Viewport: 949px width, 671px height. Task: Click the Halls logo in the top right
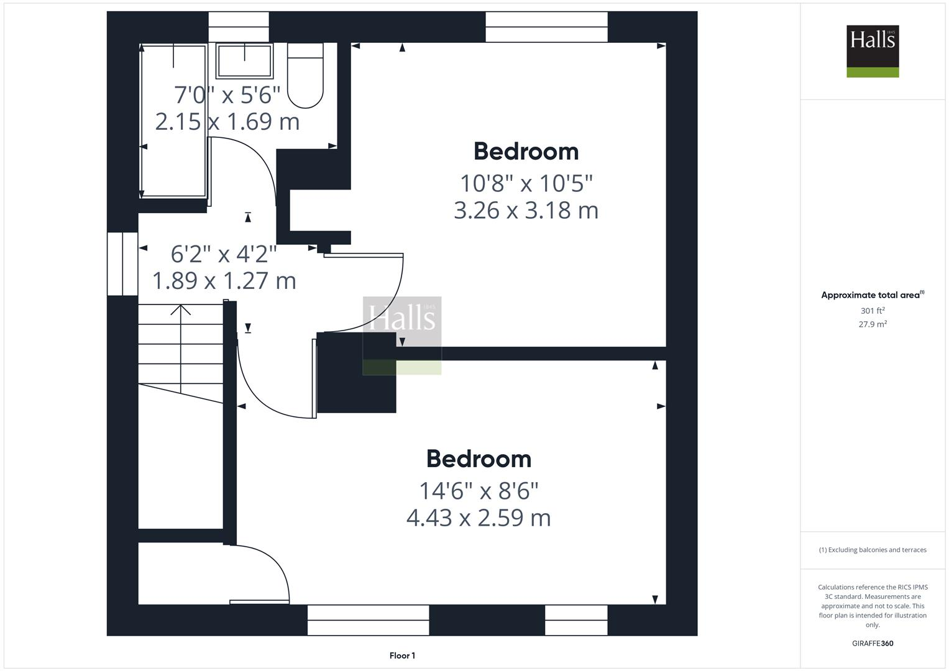(873, 51)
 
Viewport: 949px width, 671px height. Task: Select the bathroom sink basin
(244, 60)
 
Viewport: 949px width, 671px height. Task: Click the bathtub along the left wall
(173, 121)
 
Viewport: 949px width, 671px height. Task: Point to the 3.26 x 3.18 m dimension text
(526, 211)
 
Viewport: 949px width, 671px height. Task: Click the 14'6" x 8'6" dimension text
(479, 491)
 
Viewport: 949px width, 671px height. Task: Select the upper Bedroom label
(526, 152)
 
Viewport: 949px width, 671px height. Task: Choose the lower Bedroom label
(479, 459)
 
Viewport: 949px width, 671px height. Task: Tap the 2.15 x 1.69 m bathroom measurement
(227, 121)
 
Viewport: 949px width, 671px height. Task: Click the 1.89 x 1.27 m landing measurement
(224, 281)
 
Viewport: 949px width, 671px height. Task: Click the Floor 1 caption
(402, 655)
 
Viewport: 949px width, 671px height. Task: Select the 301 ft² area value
(873, 311)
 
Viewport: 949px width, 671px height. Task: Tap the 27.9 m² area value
(873, 324)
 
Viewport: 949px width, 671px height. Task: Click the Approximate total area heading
(873, 295)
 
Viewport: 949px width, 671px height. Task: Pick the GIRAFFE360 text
(873, 644)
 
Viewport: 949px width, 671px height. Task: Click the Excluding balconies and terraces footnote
(873, 550)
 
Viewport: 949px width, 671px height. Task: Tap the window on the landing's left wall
(122, 264)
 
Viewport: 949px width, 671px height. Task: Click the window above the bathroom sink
(239, 27)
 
